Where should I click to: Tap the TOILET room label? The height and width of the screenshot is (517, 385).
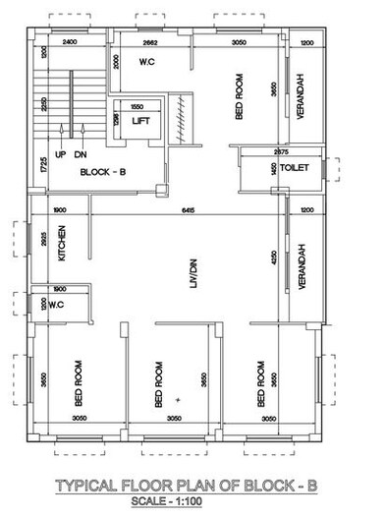(x=295, y=168)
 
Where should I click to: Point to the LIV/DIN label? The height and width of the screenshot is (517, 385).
(x=192, y=271)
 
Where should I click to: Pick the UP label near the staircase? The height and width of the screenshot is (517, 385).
(x=60, y=155)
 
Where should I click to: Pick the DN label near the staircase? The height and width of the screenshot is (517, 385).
(x=81, y=155)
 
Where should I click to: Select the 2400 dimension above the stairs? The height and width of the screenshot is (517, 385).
(x=69, y=43)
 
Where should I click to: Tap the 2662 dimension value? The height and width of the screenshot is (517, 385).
(x=150, y=43)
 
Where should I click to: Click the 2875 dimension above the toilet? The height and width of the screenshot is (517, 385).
(x=282, y=152)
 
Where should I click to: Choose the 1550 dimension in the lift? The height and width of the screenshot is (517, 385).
(x=137, y=105)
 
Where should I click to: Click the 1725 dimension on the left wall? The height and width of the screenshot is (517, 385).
(x=44, y=164)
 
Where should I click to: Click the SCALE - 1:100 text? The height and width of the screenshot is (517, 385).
(x=192, y=502)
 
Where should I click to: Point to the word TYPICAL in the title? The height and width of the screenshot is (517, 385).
(x=88, y=486)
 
